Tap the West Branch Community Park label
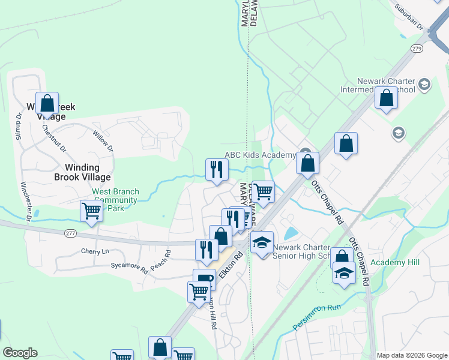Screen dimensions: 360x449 115,200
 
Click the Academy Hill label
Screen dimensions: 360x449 395,262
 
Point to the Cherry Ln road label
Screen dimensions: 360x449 93,251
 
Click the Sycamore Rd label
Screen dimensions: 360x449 128,265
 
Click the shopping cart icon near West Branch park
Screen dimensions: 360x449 91,211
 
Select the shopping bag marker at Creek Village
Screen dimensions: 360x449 47,103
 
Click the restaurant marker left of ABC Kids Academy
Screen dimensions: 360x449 216,169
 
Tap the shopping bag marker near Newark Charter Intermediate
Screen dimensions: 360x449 386,97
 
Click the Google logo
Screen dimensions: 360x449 20,353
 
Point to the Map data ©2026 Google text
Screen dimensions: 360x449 411,355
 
